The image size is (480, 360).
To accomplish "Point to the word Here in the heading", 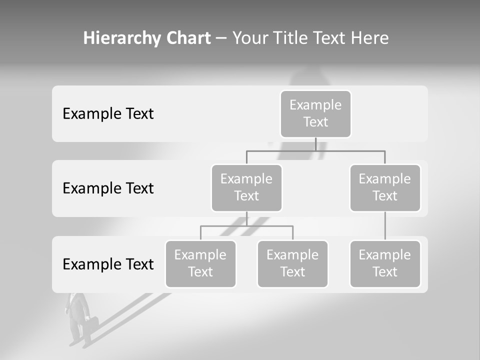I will [x=370, y=38].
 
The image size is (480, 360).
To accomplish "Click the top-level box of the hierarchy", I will [x=315, y=113].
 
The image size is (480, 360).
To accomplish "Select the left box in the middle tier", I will [x=246, y=187].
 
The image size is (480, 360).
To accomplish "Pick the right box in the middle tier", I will [x=385, y=187].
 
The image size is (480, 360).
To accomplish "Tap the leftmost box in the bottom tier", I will [x=200, y=263].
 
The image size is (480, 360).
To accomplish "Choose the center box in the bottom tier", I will [x=292, y=263].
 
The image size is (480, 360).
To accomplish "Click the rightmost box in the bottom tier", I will [x=385, y=263].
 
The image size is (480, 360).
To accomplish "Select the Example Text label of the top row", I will [x=108, y=114].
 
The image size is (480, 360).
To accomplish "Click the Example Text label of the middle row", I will [x=108, y=188].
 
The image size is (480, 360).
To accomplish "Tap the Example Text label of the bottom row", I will [x=108, y=264].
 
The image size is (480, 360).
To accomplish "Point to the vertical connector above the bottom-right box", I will [x=385, y=226].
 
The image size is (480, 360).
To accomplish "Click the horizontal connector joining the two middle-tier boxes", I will [x=315, y=150].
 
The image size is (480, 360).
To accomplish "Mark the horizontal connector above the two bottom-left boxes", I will [x=246, y=226].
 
